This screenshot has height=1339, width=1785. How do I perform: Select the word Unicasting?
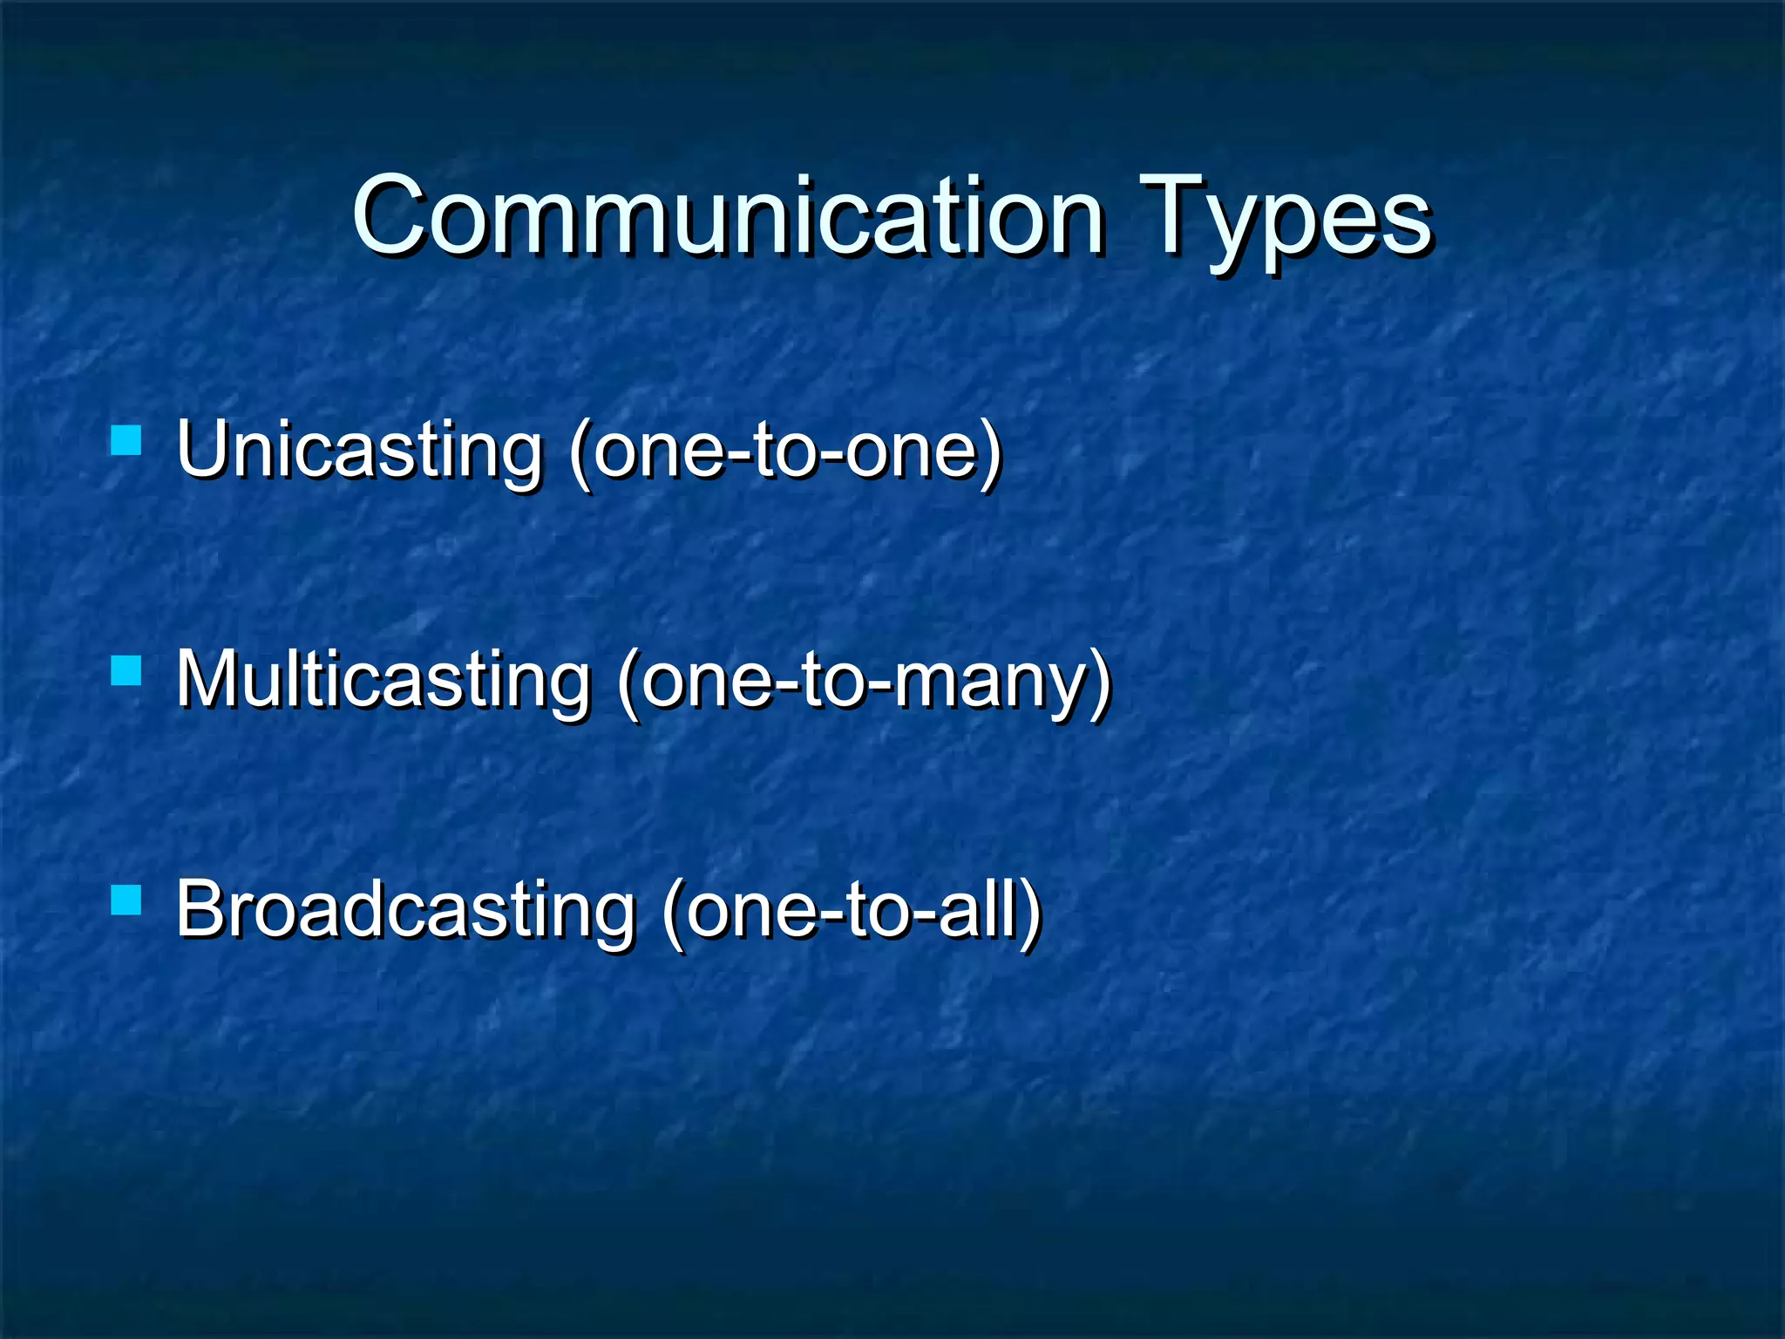(x=359, y=451)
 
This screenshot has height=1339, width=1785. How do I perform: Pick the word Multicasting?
(x=383, y=680)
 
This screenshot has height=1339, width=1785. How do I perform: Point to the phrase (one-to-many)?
(x=864, y=682)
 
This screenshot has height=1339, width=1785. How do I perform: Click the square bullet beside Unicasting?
(x=126, y=441)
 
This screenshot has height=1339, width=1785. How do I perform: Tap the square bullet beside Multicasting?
(x=126, y=671)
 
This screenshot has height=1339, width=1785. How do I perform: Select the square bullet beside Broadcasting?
(x=126, y=901)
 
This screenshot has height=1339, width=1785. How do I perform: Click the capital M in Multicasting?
(x=212, y=678)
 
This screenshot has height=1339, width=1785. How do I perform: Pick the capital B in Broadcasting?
(x=203, y=908)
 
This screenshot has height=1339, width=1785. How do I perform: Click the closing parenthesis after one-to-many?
(x=1101, y=683)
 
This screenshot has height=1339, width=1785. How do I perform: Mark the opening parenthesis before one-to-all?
(x=673, y=913)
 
